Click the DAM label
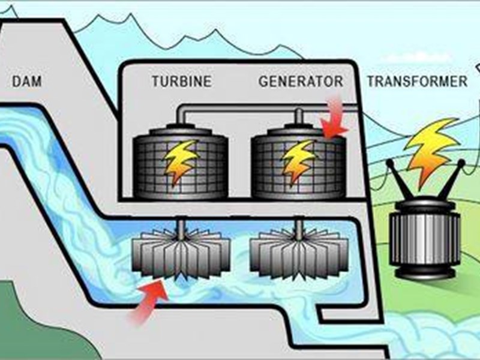coord(27,81)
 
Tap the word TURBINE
coord(181,81)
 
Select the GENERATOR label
coord(301,81)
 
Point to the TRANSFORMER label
coord(416,81)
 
